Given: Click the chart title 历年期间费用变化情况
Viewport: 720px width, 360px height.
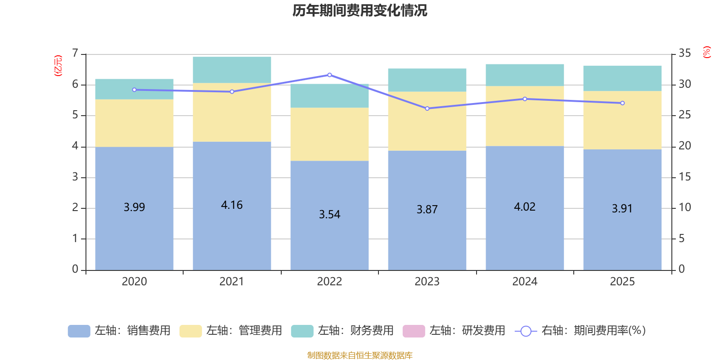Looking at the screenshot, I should [x=360, y=10].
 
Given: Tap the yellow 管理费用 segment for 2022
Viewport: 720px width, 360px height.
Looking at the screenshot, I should [x=329, y=134].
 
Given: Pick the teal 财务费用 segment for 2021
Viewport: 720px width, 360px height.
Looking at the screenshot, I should [x=232, y=70].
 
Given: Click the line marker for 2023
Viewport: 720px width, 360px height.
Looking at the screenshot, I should [x=427, y=108].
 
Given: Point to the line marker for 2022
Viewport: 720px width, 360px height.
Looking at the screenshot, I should [x=329, y=75].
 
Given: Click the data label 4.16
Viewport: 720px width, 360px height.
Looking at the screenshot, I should [x=232, y=205].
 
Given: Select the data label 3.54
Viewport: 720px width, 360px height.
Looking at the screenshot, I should [x=329, y=215].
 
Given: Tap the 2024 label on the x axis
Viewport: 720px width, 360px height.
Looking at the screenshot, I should [x=525, y=282].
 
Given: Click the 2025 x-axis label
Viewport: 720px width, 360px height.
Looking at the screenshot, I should [x=622, y=282].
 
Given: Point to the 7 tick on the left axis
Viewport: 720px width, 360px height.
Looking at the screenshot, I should [x=75, y=54].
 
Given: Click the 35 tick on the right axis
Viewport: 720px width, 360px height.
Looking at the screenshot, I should [x=684, y=54].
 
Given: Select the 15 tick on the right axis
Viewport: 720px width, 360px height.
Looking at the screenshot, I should [x=684, y=177].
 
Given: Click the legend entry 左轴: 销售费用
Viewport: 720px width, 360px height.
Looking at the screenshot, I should [x=120, y=331].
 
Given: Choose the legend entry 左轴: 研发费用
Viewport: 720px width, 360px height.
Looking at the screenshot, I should [x=454, y=331].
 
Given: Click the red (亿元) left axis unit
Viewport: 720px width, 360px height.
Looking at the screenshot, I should [x=58, y=66].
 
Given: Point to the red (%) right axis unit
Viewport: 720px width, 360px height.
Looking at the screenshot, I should [x=706, y=52].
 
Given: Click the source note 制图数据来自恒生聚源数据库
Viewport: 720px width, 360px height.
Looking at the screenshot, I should [x=360, y=355].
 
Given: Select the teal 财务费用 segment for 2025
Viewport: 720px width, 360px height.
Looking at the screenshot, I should [x=622, y=78].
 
